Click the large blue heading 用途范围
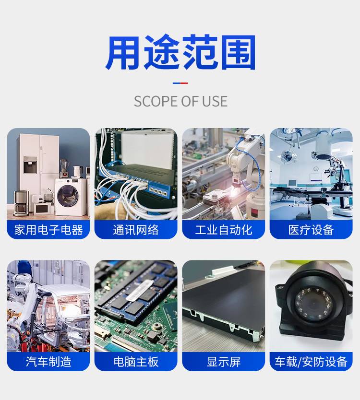(x=180, y=52)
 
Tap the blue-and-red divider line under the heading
(x=180, y=83)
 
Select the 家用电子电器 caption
(x=48, y=230)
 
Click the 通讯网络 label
(x=136, y=230)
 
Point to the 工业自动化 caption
(x=224, y=230)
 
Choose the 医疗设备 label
(x=311, y=230)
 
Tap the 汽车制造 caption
(x=48, y=362)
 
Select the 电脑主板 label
(x=136, y=362)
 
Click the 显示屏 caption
(x=224, y=362)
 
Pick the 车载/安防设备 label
(x=311, y=362)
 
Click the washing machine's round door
(x=67, y=196)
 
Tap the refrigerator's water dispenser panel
(x=30, y=165)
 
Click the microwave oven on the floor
(x=41, y=209)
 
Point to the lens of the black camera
(x=314, y=305)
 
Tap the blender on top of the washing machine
(x=63, y=168)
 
